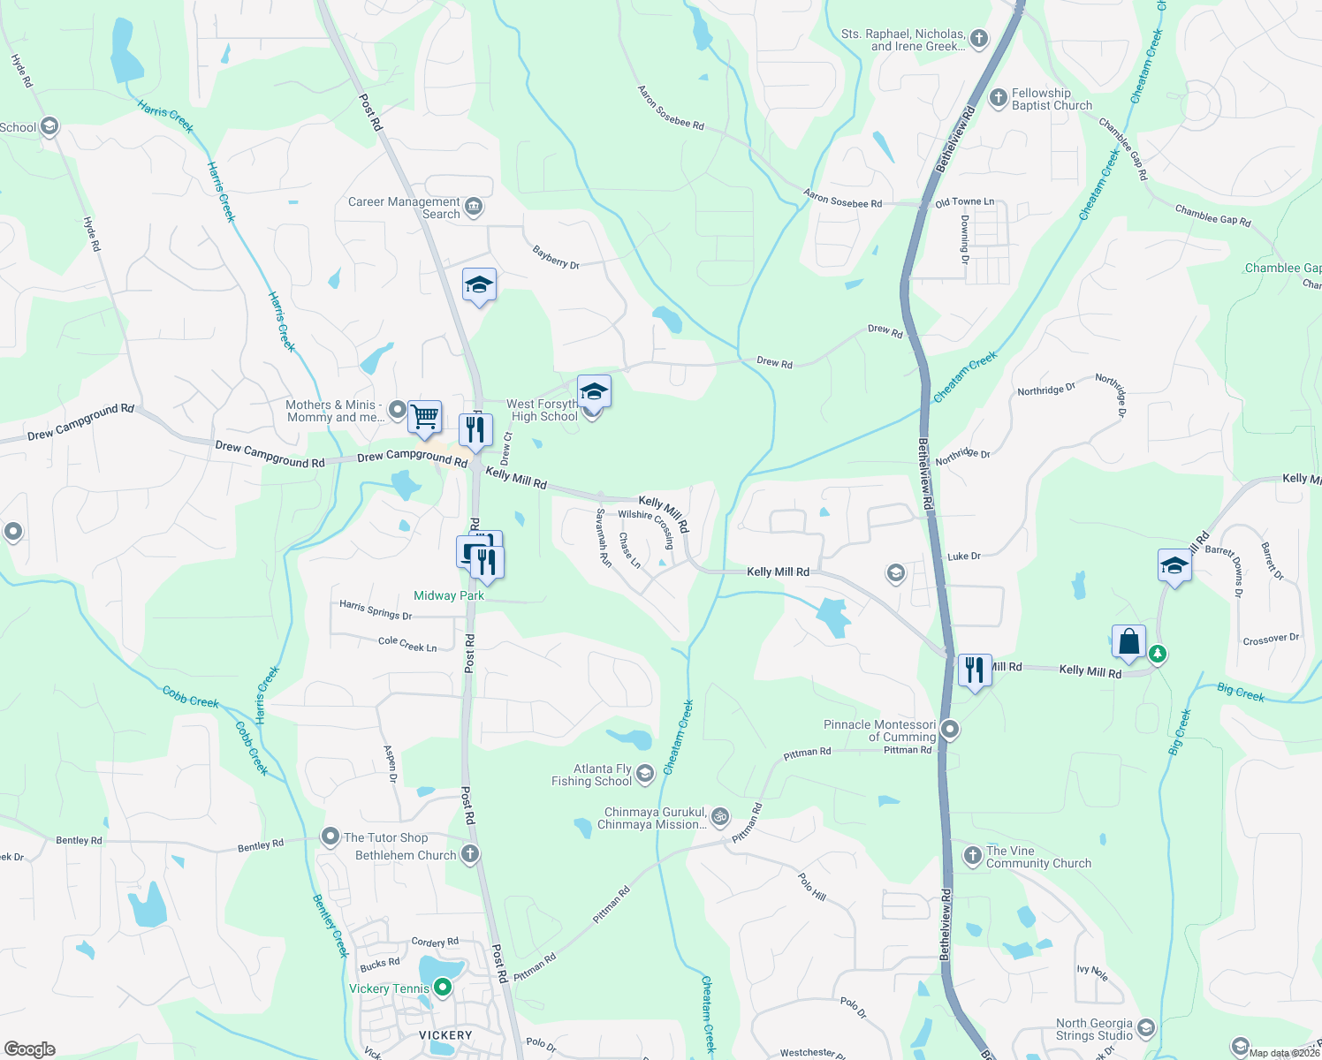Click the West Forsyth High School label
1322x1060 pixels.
(543, 410)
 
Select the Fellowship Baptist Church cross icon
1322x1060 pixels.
(998, 98)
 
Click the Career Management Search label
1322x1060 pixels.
(405, 208)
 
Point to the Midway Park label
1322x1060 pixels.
(449, 595)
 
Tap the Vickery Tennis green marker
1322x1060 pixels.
(443, 988)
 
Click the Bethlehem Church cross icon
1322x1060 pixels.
(470, 854)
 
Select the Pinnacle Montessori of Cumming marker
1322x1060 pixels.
(950, 730)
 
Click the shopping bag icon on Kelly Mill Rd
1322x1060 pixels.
(1129, 641)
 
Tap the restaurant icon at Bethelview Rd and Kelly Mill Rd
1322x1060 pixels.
(974, 670)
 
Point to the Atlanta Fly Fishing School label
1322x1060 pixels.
(591, 775)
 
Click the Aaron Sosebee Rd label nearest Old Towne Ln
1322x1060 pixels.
(842, 199)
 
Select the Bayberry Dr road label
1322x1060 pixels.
(556, 258)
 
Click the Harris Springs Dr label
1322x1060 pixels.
(376, 609)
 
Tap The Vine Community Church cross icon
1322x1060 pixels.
(972, 855)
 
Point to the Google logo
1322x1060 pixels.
(30, 1049)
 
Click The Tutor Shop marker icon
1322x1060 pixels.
(330, 836)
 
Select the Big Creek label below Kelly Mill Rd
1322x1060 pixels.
(1240, 693)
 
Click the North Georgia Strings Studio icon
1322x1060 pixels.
(1146, 1027)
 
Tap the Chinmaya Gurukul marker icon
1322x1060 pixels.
(720, 816)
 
